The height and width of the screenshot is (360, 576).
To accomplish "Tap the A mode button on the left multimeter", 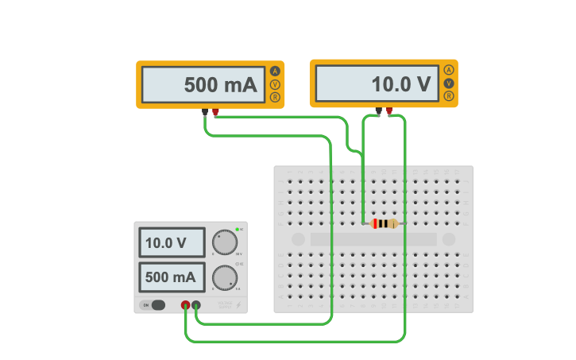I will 275,71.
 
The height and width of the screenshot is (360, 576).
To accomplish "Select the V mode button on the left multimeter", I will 275,84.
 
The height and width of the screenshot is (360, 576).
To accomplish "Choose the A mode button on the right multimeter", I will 449,70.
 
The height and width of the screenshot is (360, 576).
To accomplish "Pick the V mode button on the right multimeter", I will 449,83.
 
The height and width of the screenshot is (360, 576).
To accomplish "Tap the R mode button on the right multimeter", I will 449,96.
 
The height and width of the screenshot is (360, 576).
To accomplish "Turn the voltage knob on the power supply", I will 225,242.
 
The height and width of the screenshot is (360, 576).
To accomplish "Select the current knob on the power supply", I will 225,277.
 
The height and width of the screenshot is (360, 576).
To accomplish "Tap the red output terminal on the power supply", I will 185,304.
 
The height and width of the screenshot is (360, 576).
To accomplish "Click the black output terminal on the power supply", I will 195,304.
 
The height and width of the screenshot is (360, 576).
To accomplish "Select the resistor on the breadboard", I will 385,223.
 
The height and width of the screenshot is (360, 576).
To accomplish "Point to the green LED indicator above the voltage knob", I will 237,229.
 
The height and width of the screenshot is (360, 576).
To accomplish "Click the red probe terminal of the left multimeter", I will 215,112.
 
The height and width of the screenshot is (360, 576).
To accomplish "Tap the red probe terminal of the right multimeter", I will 389,111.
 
